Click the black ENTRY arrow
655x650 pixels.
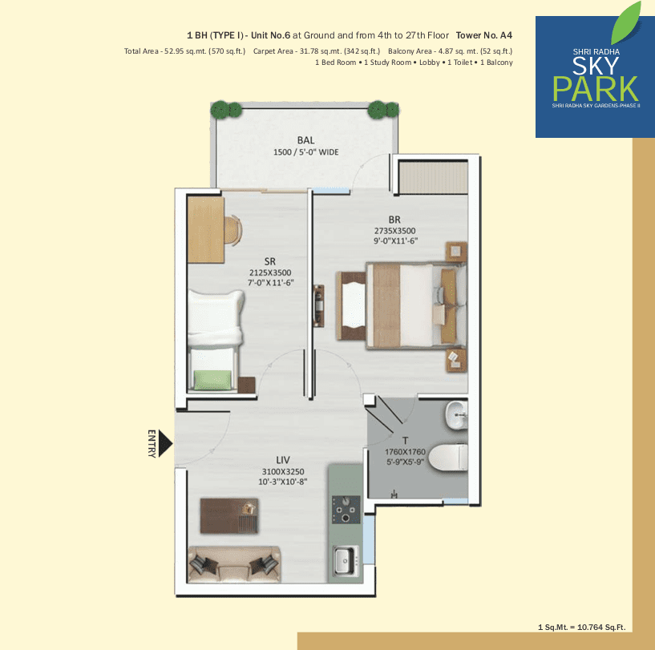pyautogui.click(x=165, y=443)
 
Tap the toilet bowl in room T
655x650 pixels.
pyautogui.click(x=448, y=458)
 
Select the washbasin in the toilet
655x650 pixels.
pyautogui.click(x=456, y=415)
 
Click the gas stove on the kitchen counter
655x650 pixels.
pyautogui.click(x=346, y=510)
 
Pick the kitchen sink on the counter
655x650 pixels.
pyautogui.click(x=346, y=560)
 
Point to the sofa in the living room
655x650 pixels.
pyautogui.click(x=234, y=564)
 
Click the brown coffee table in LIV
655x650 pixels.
pyautogui.click(x=229, y=515)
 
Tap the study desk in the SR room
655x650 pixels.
pyautogui.click(x=206, y=229)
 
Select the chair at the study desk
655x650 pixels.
pyautogui.click(x=233, y=230)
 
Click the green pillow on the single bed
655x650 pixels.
pyautogui.click(x=212, y=380)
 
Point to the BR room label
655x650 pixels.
pyautogui.click(x=394, y=220)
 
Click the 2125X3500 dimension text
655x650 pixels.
pyautogui.click(x=270, y=273)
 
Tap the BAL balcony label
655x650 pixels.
pyautogui.click(x=305, y=140)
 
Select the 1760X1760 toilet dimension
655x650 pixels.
pyautogui.click(x=405, y=451)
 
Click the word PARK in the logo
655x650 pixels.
pyautogui.click(x=595, y=88)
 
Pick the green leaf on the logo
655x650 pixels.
pyautogui.click(x=626, y=23)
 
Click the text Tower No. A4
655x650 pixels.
pyautogui.click(x=483, y=35)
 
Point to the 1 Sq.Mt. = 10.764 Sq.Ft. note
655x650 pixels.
pyautogui.click(x=581, y=628)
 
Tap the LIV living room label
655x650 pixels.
pyautogui.click(x=283, y=460)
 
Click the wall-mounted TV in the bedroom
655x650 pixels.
pyautogui.click(x=319, y=300)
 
